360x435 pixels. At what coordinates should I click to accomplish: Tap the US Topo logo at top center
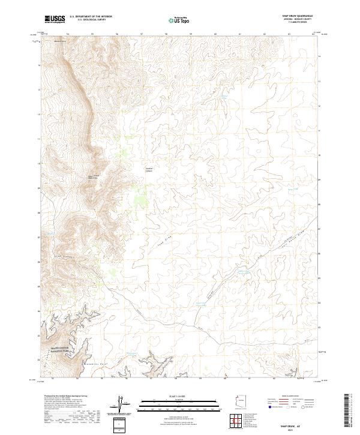point(179,20)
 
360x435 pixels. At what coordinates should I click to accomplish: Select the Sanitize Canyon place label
point(149,169)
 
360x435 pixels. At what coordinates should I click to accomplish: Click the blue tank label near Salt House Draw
point(244,272)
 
